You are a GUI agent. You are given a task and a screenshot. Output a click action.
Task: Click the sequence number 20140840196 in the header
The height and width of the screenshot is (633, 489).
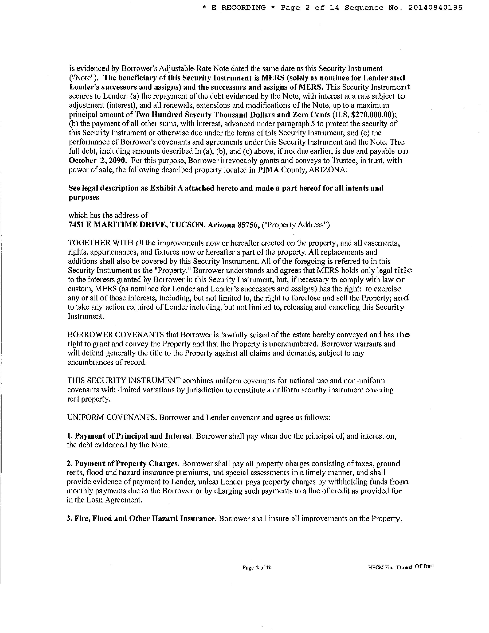click(435, 7)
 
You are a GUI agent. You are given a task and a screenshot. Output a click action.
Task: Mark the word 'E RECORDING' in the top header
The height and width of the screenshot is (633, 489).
click(238, 7)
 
